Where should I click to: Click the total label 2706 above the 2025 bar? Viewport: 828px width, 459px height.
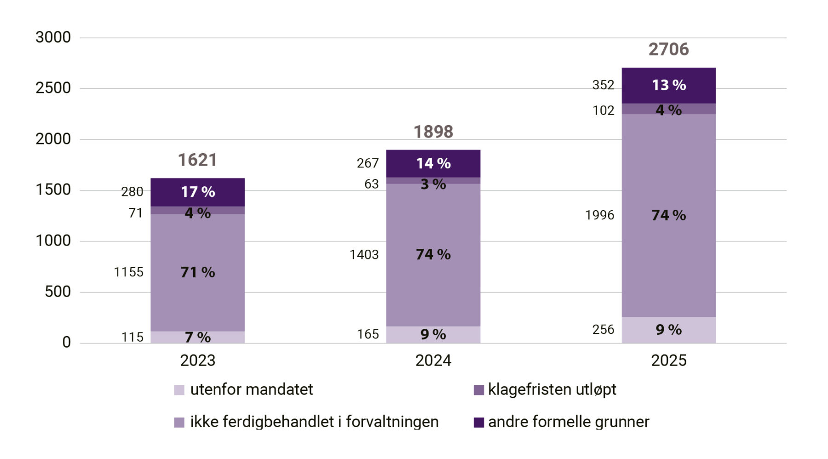point(668,49)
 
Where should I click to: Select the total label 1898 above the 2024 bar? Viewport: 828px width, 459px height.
point(433,132)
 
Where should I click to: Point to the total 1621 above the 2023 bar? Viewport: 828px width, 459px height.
point(197,160)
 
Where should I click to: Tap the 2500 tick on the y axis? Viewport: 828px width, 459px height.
point(53,88)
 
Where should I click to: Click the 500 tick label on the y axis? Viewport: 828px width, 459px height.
point(57,292)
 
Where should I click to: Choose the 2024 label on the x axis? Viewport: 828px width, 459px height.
point(433,360)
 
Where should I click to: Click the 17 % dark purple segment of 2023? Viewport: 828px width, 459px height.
point(197,192)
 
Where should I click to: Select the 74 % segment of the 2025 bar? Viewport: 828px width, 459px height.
point(668,215)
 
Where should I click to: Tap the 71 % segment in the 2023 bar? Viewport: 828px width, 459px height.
point(197,272)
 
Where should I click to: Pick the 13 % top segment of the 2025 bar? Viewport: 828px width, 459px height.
point(668,85)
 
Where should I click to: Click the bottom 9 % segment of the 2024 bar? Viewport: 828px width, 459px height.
point(433,334)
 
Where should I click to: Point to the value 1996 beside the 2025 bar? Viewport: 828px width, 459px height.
point(599,215)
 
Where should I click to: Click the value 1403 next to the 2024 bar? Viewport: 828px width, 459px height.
point(364,254)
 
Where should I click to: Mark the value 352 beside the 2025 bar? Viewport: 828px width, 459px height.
point(603,85)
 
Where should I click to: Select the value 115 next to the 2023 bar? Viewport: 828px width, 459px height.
point(132,337)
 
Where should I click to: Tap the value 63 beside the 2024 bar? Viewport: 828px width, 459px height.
point(371,184)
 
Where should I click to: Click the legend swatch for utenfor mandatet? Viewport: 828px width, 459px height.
point(179,390)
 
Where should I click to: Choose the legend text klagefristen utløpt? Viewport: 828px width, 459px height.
point(552,390)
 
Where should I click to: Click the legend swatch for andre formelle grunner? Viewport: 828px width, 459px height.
point(479,422)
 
